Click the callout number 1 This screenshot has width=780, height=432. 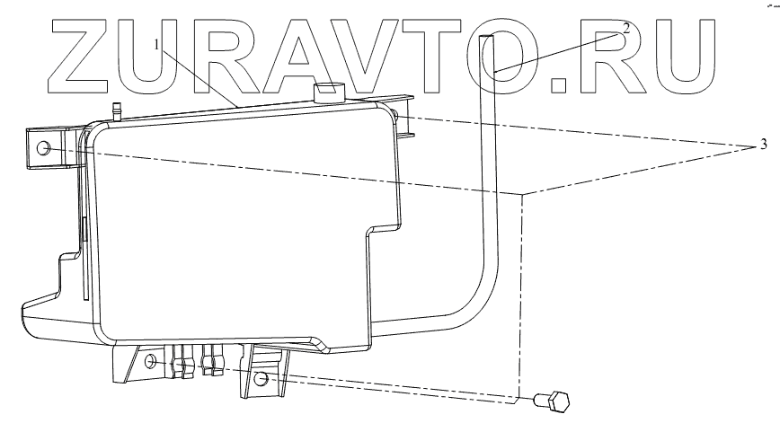click(x=158, y=44)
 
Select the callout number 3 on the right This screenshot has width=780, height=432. click(x=763, y=144)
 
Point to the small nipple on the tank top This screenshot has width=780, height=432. click(x=116, y=110)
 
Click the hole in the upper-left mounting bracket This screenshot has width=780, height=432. click(x=45, y=147)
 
